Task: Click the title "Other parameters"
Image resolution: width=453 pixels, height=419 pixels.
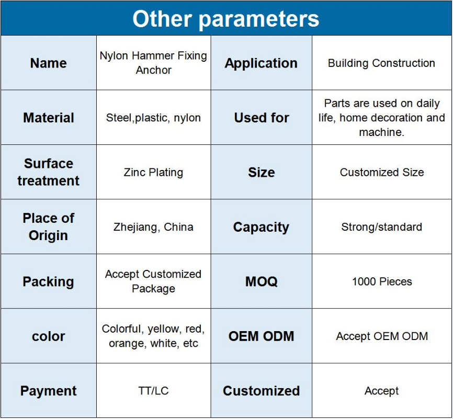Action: point(225,19)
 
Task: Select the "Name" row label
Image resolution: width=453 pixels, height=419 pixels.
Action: point(48,63)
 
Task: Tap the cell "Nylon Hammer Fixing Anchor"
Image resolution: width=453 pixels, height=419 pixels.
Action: point(153,63)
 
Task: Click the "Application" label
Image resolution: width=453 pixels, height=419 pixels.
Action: point(261,63)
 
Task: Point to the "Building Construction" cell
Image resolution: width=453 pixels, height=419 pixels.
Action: point(381,63)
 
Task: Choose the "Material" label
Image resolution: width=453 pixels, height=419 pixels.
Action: point(49,118)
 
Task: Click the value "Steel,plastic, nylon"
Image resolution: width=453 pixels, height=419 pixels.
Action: point(153,118)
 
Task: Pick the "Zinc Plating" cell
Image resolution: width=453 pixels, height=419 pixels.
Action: point(153,172)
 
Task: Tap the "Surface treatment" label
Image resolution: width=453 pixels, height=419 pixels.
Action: point(49,172)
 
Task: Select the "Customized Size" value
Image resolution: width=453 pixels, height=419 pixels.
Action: point(382,172)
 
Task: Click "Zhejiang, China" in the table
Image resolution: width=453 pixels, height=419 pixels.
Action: point(153,227)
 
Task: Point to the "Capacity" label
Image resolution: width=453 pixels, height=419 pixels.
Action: point(261,228)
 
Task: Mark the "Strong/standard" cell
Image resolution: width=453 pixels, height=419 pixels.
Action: point(382,227)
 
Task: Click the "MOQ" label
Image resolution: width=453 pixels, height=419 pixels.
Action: point(262,281)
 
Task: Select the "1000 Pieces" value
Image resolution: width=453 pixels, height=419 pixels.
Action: point(382,281)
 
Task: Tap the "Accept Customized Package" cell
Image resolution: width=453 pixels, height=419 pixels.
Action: point(153,281)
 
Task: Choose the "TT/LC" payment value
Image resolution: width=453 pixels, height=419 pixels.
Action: point(153,391)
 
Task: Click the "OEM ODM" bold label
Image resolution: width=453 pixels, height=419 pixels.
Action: point(262,336)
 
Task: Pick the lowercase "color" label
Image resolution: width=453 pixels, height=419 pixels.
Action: point(49,336)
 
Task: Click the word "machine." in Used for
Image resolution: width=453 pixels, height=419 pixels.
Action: point(382,132)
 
